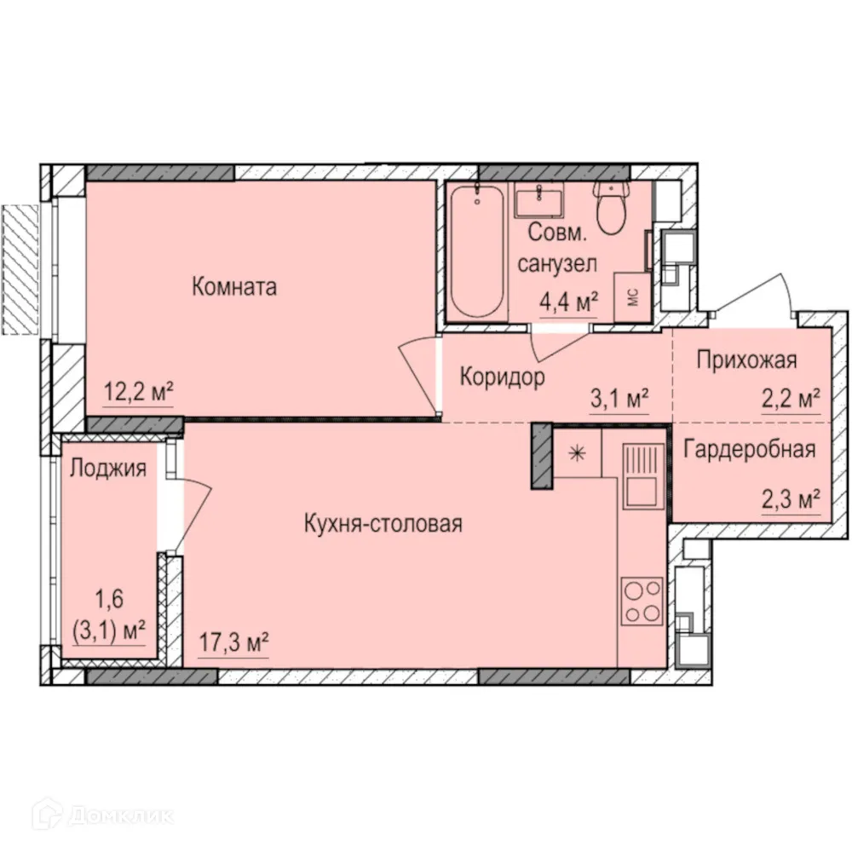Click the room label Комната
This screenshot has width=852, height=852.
pos(234,287)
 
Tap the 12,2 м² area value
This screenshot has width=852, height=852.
pos(139,392)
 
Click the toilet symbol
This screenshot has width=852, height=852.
pos(611,207)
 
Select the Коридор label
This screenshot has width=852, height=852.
pos(502,377)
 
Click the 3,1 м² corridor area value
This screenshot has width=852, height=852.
pos(620,398)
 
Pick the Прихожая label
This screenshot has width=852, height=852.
pos(746,360)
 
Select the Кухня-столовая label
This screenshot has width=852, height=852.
pos(383,524)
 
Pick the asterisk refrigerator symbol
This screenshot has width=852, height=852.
pos(577,453)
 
